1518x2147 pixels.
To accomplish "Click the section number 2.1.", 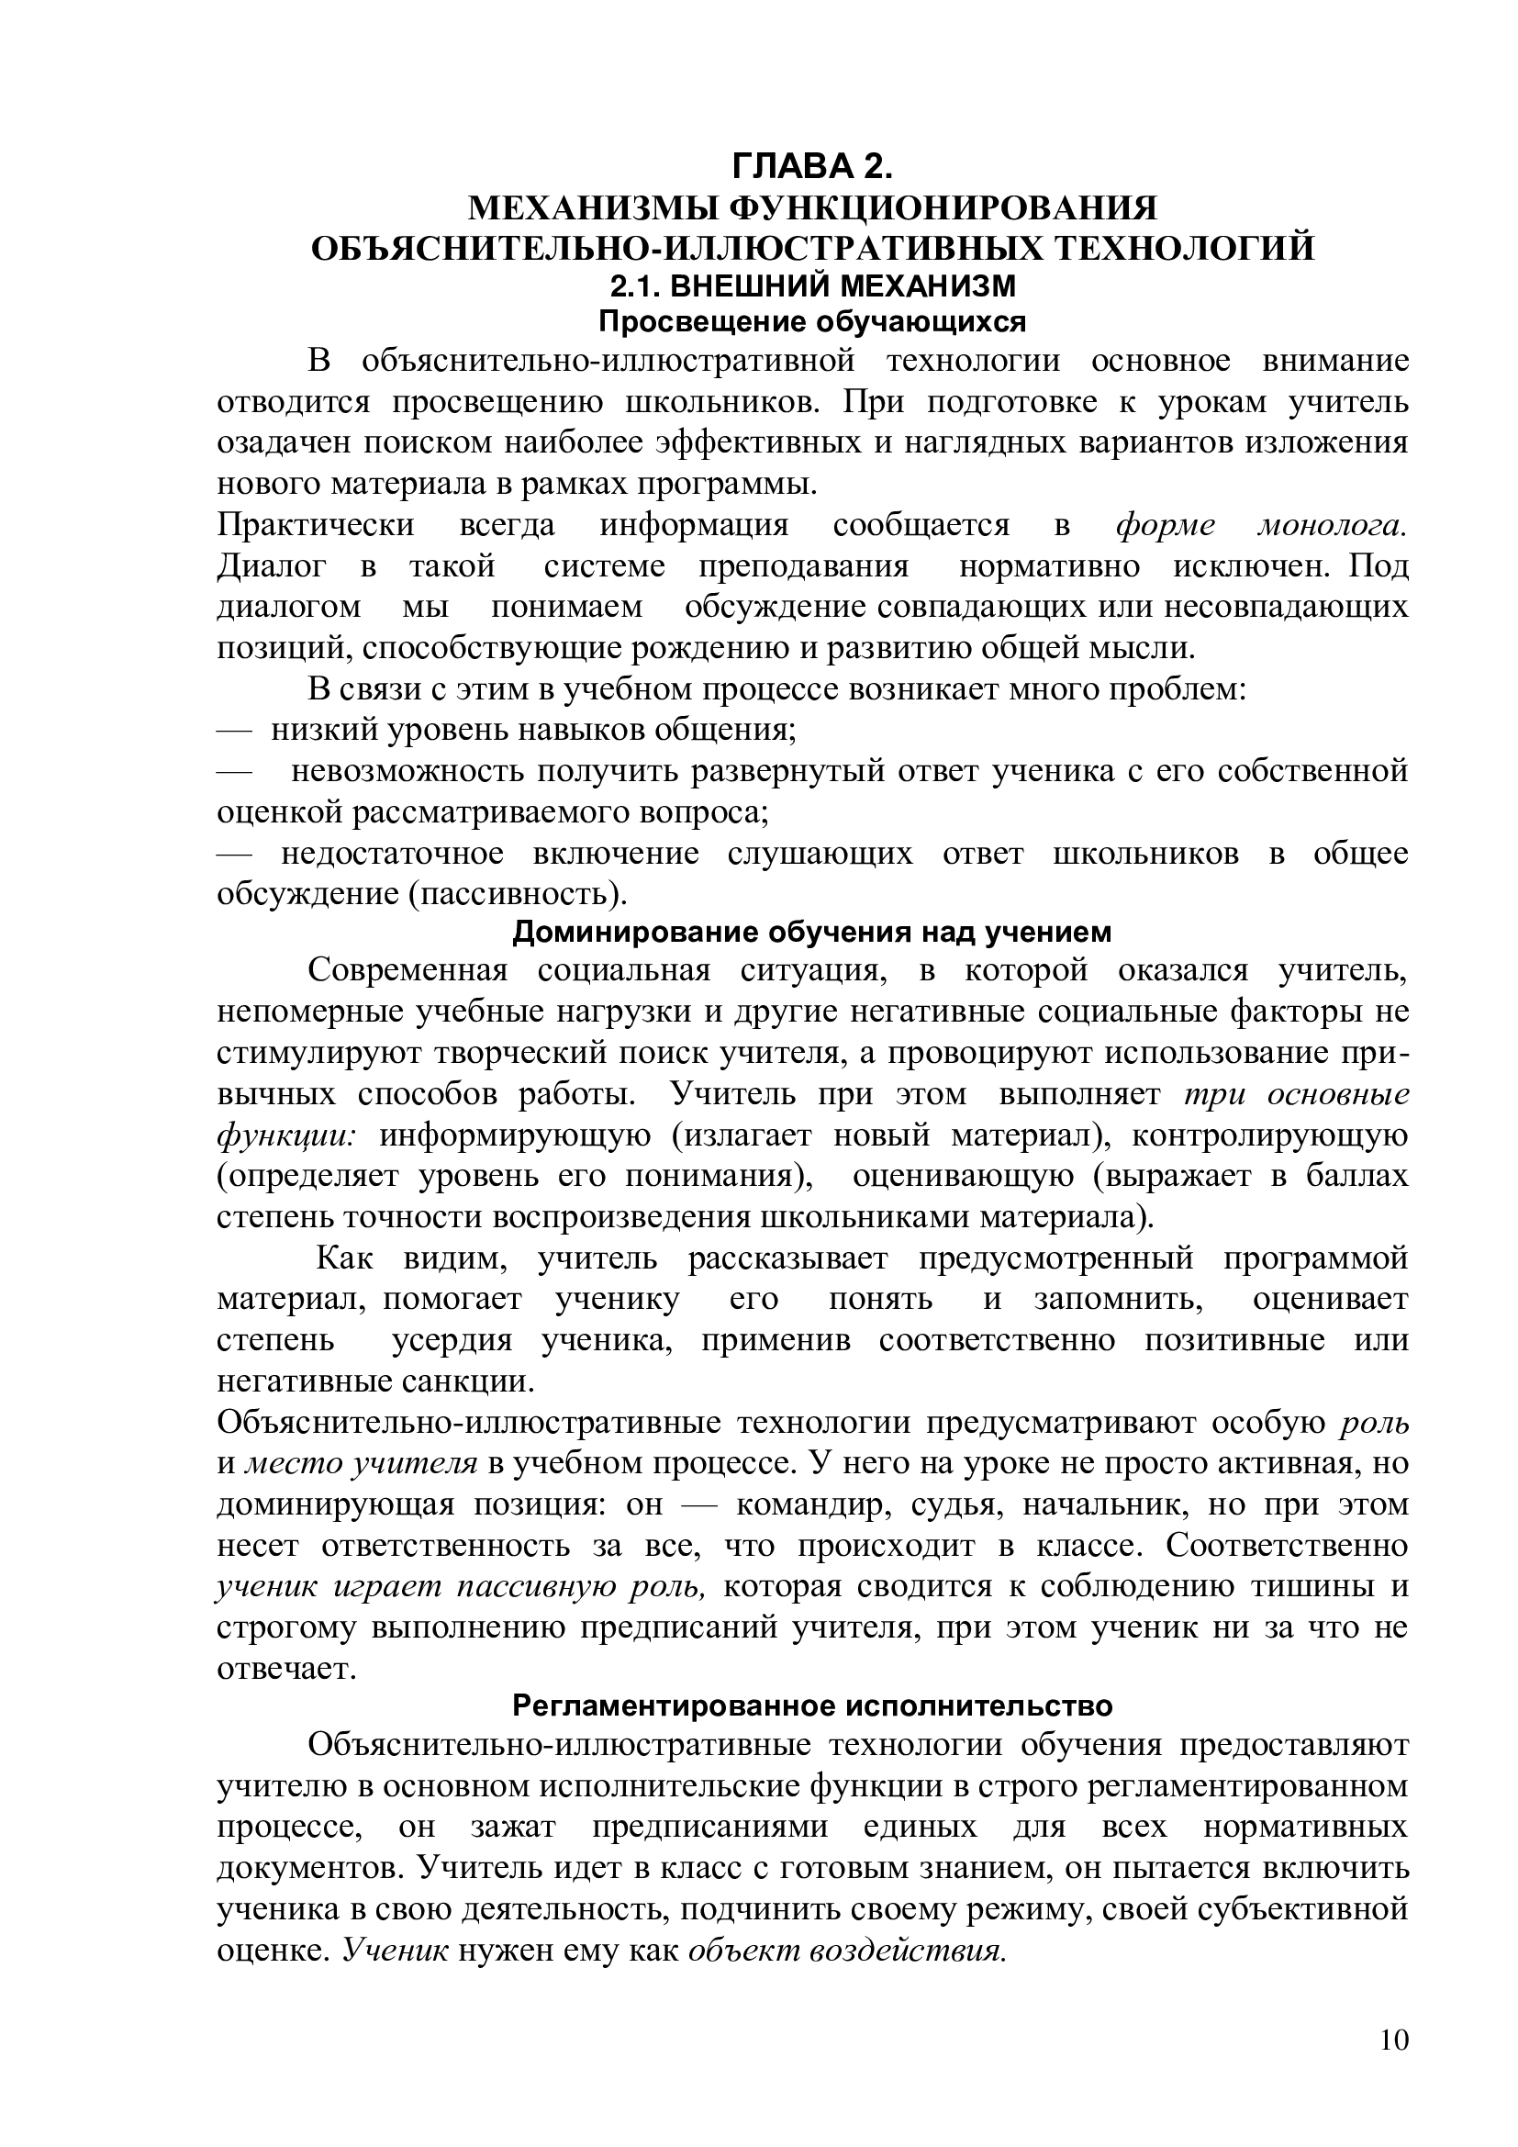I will click(637, 285).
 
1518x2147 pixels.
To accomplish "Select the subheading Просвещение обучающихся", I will click(811, 321).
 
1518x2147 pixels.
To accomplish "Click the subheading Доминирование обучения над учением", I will click(811, 933).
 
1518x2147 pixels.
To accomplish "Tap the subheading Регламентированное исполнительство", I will click(811, 1705).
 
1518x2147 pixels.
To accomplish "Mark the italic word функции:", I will click(286, 1135).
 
